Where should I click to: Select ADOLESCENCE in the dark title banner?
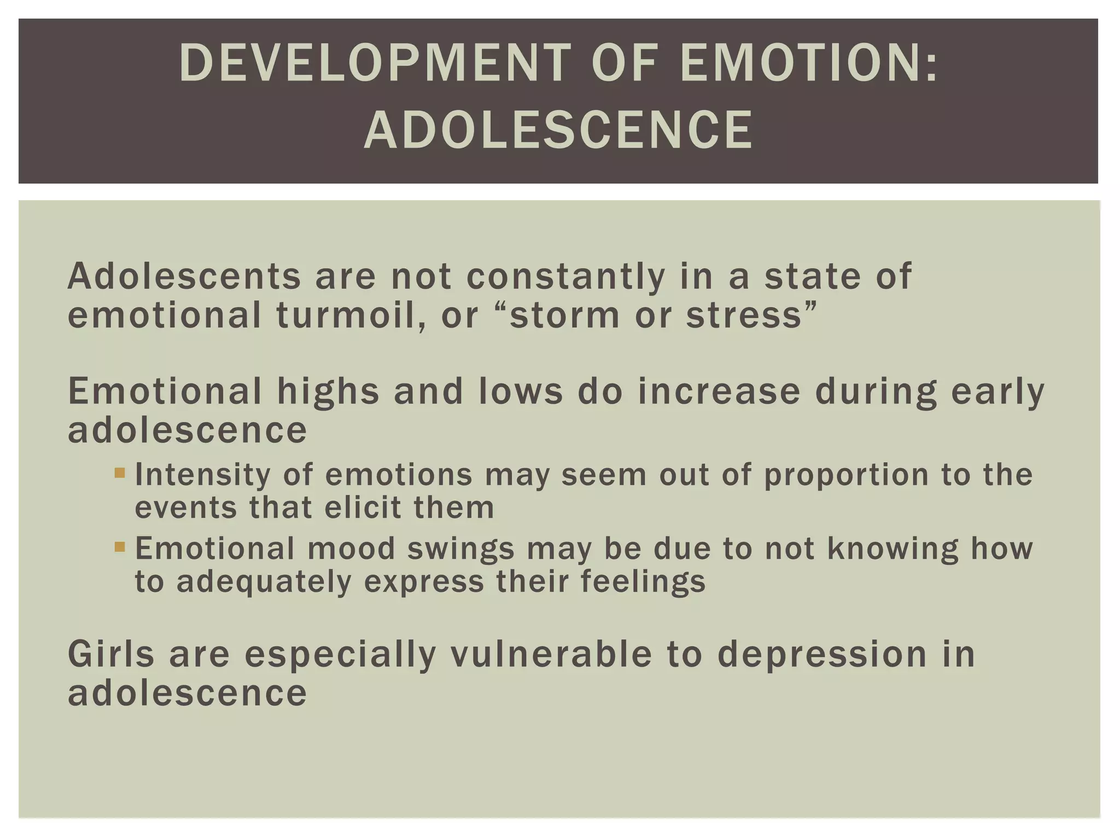558,130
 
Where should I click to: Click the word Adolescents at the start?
184,276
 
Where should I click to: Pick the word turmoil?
351,316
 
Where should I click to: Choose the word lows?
520,392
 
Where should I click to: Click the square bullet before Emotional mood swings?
120,546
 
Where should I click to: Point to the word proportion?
846,475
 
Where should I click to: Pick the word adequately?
264,581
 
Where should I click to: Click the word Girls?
111,654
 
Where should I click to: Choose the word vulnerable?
551,654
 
